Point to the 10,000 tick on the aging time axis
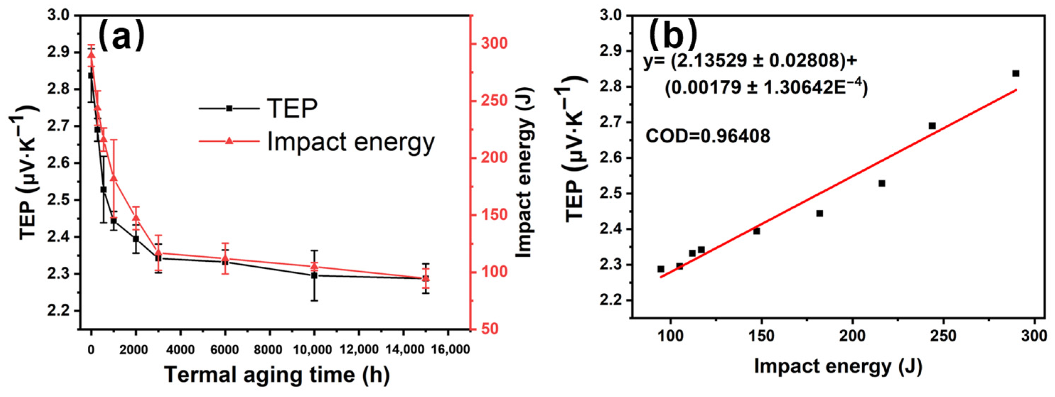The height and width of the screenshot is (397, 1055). coord(314,349)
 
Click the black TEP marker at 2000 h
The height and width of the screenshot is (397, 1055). coord(136,239)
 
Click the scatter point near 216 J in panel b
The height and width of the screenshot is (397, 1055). coord(882,183)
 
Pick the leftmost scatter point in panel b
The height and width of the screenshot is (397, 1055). coord(660,269)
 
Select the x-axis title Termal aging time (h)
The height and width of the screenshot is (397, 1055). coord(277,374)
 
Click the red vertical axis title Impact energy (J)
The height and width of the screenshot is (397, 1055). coord(524,172)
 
